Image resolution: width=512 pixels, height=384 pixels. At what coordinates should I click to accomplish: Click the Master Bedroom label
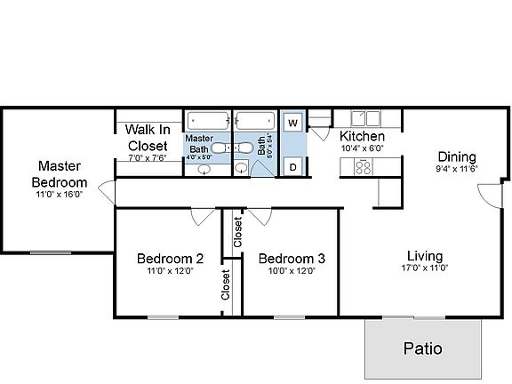(60, 172)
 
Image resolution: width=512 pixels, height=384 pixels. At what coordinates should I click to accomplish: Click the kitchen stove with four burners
(363, 165)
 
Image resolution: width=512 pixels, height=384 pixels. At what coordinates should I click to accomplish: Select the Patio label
(423, 348)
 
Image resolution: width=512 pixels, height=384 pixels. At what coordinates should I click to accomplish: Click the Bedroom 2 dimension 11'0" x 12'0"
(170, 271)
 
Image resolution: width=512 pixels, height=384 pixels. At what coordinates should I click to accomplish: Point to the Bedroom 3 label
(292, 259)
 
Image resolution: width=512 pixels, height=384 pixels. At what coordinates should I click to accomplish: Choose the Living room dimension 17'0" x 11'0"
(423, 267)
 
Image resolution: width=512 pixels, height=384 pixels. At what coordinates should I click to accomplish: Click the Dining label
(456, 156)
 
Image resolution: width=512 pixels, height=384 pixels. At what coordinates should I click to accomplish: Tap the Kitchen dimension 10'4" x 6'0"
(363, 148)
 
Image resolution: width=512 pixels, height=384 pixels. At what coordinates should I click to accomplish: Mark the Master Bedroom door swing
(107, 188)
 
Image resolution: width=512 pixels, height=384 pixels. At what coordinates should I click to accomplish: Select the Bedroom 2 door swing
(202, 216)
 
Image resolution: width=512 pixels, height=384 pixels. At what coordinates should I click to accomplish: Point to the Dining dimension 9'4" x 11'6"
(457, 168)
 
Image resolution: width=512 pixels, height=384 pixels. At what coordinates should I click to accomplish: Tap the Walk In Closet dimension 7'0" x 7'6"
(147, 157)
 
